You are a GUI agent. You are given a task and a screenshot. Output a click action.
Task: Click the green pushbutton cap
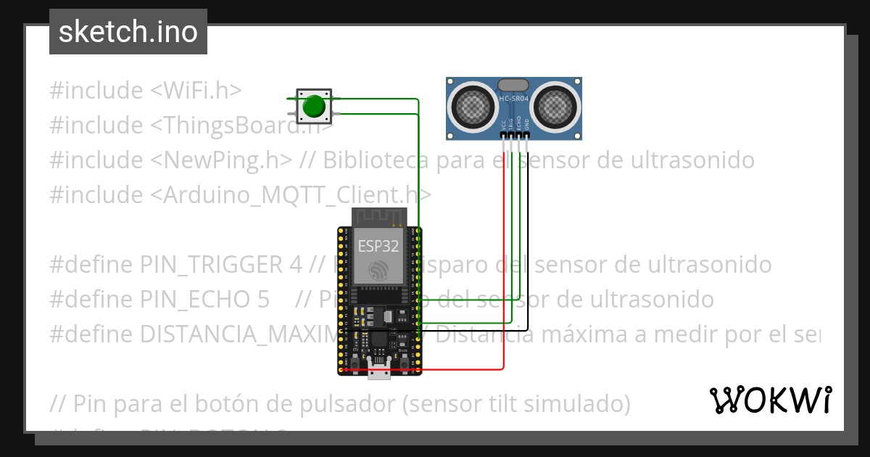click(313, 106)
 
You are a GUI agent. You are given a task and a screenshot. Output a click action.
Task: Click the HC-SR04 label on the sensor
click(514, 97)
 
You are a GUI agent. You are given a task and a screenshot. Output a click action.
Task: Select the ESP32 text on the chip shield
click(378, 245)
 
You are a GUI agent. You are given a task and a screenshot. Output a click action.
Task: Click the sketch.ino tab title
click(128, 32)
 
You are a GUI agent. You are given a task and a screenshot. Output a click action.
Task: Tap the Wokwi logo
click(770, 400)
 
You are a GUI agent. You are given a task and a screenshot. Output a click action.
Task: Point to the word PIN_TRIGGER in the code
click(210, 264)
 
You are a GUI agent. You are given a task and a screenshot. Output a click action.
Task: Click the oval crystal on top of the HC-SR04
click(513, 84)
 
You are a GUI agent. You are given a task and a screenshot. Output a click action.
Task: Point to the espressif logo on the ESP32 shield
click(378, 270)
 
